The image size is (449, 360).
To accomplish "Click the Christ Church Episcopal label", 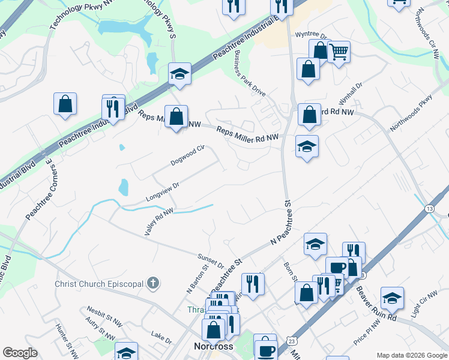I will [x=99, y=283].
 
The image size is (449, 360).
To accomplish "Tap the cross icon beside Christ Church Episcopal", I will [x=153, y=283].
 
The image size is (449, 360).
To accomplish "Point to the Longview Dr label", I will [x=163, y=193].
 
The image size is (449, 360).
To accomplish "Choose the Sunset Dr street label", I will [x=211, y=261].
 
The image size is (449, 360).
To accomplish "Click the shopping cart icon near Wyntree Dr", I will [x=339, y=53].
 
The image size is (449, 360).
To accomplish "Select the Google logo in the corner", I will [x=20, y=353].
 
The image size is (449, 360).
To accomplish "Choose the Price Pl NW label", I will [x=367, y=332].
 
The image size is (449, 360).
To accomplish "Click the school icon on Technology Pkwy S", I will [x=179, y=74].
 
